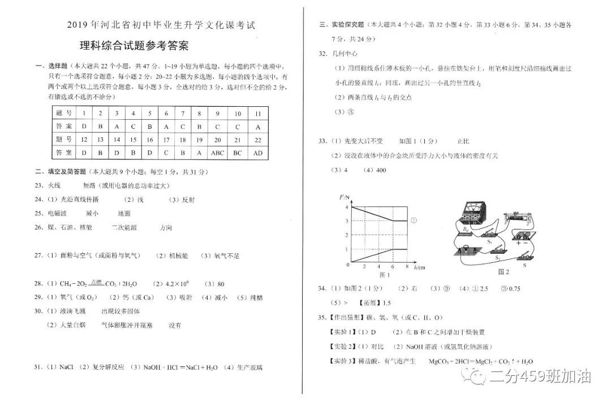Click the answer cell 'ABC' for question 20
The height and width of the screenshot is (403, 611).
(217, 153)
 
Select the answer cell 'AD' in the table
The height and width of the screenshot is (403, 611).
(257, 153)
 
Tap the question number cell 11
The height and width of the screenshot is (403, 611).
(257, 113)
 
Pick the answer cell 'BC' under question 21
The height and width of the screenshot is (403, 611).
(238, 153)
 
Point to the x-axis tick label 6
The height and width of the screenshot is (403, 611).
(393, 266)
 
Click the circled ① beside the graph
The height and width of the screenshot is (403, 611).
(414, 220)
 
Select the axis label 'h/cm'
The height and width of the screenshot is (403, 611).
(419, 265)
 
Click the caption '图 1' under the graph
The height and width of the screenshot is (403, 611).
(385, 275)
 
